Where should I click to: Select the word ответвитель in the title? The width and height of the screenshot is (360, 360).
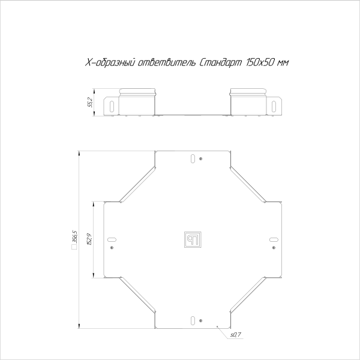point(164,63)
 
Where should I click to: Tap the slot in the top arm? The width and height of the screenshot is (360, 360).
point(191,159)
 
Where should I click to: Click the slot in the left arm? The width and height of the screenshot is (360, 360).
point(112,239)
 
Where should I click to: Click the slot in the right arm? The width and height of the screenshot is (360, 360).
point(272,239)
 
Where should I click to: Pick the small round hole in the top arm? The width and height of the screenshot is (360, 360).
point(200,159)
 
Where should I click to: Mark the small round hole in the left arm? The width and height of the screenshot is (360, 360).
point(112,247)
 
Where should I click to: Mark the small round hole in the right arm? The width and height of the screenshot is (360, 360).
point(272,247)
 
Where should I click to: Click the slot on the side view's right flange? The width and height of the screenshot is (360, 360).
point(274,106)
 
